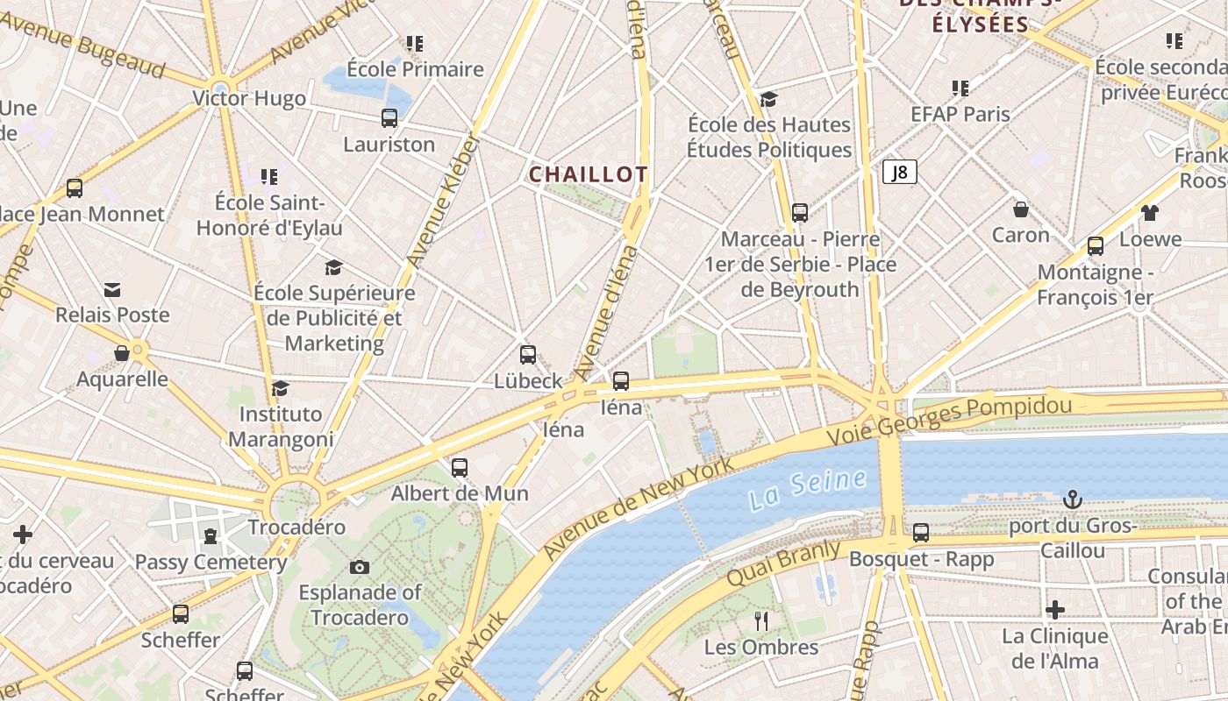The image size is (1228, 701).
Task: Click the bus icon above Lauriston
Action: pos(389,117)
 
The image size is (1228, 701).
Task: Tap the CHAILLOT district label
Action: pos(588,174)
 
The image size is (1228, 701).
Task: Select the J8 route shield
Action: pos(899,173)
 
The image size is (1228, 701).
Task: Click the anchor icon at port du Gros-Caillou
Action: pos(1072,499)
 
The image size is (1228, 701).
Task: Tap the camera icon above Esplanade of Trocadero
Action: pos(360,567)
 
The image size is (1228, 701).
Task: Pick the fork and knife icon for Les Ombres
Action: pos(761,621)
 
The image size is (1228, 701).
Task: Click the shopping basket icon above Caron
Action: pos(1021,209)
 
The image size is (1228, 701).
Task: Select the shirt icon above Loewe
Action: pos(1150,213)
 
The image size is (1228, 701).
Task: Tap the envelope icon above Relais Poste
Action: pos(112,290)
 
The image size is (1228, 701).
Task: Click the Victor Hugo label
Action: pos(249,98)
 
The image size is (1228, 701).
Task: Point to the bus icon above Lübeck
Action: pos(528,355)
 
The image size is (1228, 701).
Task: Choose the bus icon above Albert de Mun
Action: pos(460,467)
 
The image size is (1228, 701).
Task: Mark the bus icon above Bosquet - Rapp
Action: pos(921,532)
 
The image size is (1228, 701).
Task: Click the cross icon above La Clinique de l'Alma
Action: pos(1055,609)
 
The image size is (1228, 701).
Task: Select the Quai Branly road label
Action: pos(782,563)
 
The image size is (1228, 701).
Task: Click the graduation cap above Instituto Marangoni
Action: pos(281,387)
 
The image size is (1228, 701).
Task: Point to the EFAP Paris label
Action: pos(960,114)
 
